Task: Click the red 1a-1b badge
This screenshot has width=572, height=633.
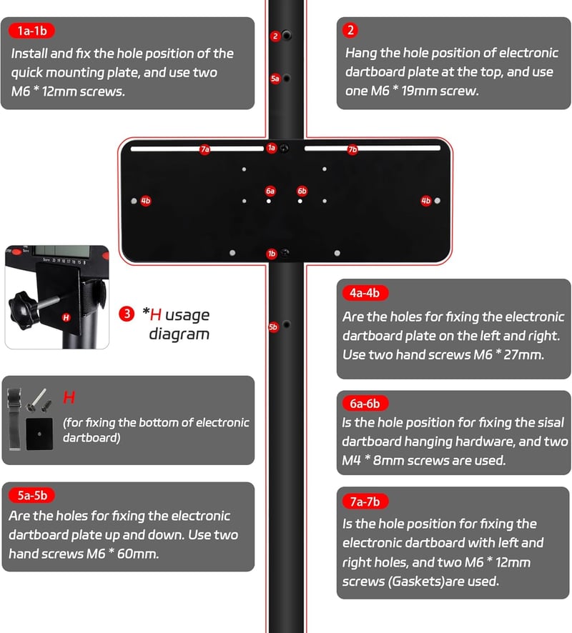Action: point(32,31)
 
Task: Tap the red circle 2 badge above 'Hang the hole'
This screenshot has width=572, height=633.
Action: point(350,30)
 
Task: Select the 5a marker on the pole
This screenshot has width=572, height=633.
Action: point(275,79)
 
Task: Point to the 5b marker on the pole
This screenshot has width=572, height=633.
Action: point(273,327)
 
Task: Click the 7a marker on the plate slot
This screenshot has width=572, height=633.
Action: point(204,149)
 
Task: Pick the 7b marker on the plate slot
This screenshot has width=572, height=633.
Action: point(352,149)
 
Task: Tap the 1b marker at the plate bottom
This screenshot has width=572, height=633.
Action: point(272,254)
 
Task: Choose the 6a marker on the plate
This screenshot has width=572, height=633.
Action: point(270,191)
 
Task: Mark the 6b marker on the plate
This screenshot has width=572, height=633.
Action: point(302,191)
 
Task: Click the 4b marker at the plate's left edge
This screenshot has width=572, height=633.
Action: point(146,201)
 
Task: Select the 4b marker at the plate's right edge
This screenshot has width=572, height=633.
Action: point(425,201)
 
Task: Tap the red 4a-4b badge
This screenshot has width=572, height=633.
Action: point(365,293)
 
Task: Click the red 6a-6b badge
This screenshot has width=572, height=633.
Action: point(365,403)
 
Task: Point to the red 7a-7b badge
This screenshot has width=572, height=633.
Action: point(365,502)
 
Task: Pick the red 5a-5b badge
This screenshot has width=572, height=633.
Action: point(32,495)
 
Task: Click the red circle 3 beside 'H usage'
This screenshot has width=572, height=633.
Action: point(127,314)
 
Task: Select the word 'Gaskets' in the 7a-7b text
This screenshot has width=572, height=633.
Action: point(412,582)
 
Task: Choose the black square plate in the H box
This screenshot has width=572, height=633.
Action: point(39,434)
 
